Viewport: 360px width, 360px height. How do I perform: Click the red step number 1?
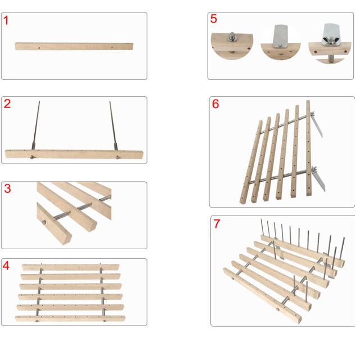click(6, 20)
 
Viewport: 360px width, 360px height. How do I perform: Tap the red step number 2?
click(7, 103)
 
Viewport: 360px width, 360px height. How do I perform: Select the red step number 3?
click(7, 188)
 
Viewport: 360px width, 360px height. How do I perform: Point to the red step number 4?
click(6, 265)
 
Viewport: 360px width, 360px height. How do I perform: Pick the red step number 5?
click(214, 19)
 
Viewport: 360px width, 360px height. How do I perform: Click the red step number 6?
click(215, 103)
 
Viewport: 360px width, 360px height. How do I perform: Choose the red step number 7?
click(217, 224)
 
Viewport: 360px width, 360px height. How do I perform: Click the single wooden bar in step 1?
click(74, 46)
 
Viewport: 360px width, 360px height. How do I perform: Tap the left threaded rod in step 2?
click(36, 125)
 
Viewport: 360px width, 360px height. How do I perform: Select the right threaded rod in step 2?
click(114, 125)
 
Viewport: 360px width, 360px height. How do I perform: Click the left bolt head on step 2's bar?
click(32, 157)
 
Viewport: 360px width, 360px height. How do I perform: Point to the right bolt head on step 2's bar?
click(118, 157)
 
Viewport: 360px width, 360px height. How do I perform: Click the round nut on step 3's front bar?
click(44, 222)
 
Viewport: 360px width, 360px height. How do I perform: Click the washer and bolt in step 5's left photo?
click(232, 37)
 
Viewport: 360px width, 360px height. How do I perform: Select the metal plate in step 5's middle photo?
click(280, 36)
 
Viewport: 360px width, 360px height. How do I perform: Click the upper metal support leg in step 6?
click(317, 125)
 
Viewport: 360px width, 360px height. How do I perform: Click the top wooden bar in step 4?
click(70, 267)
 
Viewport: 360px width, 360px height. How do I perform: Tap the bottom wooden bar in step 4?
click(70, 319)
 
